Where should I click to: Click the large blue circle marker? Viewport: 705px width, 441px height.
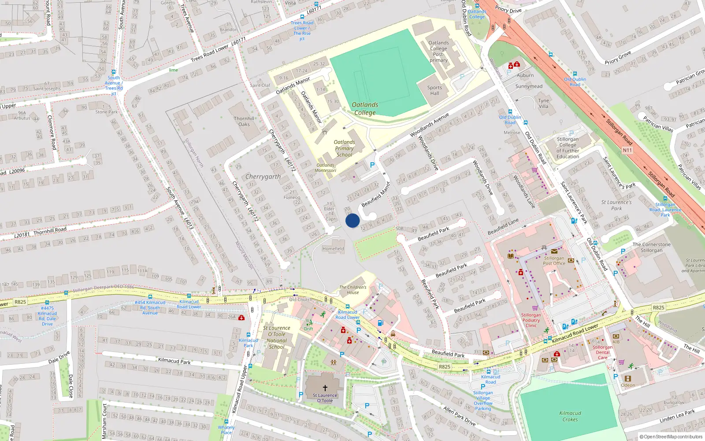coord(352,220)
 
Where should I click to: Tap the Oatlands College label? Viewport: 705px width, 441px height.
coord(365,108)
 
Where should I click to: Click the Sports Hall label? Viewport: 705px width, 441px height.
coord(434,90)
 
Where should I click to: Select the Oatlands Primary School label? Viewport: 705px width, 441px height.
coord(344,148)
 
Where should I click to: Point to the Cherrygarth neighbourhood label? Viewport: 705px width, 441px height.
coord(263,176)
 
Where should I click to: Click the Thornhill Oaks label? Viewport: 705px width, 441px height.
coord(244,121)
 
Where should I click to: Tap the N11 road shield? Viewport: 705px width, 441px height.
coord(627,150)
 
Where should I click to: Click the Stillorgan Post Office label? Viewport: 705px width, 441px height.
coord(554,261)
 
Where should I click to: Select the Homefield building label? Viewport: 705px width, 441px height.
coord(333,249)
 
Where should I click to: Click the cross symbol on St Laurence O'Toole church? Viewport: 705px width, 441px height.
coord(325,388)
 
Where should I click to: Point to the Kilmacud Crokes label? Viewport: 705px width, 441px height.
coord(570,416)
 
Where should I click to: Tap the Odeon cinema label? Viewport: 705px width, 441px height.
coord(628,385)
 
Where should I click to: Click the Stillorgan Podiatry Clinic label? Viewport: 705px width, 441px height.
coord(531,320)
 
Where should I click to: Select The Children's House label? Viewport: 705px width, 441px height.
coord(352,290)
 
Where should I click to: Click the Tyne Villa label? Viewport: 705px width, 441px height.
coord(543,103)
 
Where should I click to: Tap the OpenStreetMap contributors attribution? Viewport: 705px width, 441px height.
coord(671,437)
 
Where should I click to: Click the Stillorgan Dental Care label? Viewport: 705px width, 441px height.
coord(602,352)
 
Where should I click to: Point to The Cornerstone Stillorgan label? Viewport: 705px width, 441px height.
coord(651,247)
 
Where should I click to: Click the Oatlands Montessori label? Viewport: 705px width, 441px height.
coord(326,168)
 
